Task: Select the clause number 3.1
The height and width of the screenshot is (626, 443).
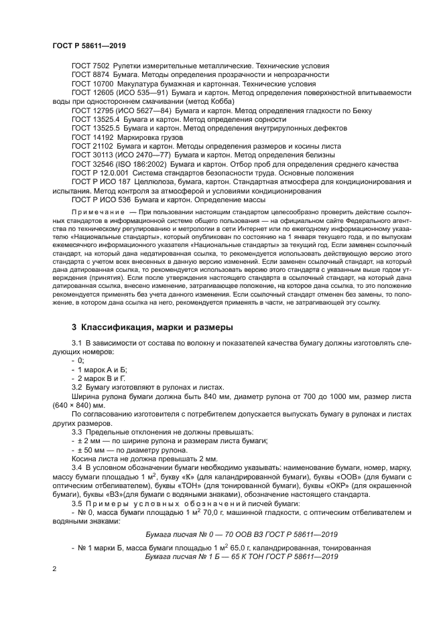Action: [x=76, y=343]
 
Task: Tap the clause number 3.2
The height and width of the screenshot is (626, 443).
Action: [x=76, y=387]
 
